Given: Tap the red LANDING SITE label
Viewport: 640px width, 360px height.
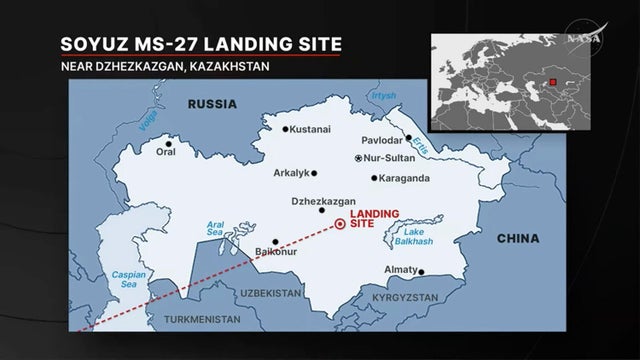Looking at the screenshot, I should click(x=376, y=220).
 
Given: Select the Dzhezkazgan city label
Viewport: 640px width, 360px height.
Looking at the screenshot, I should click(x=323, y=200).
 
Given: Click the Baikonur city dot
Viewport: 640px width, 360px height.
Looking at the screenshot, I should click(x=275, y=241).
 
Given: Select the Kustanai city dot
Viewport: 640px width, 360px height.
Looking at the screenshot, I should click(x=285, y=129).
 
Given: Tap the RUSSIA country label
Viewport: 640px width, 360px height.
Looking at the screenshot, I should click(x=212, y=103).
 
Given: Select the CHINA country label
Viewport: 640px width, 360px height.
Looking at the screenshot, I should click(x=517, y=239).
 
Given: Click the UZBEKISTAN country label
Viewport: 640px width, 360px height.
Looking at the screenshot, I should click(x=271, y=293).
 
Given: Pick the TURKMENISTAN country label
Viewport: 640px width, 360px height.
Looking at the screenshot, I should click(x=202, y=319).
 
